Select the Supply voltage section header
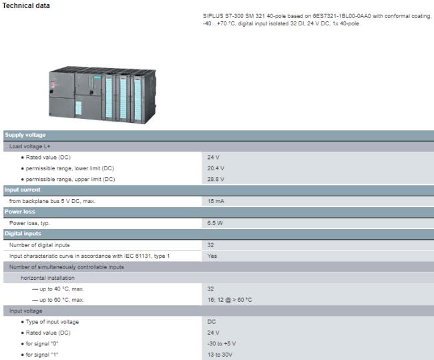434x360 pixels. [25, 135]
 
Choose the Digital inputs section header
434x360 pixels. [23, 234]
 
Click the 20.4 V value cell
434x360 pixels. [215, 168]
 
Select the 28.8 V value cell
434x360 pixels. [215, 179]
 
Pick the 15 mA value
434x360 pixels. [215, 200]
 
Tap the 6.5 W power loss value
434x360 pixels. [215, 222]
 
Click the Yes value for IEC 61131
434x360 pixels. [212, 256]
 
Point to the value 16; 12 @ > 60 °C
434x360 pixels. [230, 300]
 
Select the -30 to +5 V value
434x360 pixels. [222, 343]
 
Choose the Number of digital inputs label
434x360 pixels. [39, 245]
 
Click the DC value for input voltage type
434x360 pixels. [212, 322]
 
